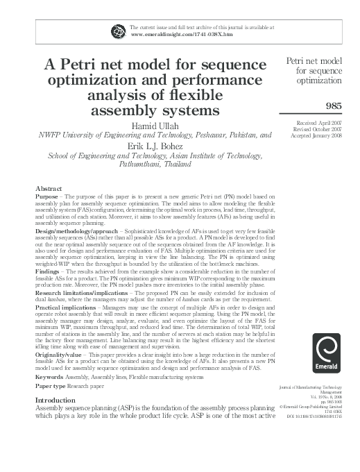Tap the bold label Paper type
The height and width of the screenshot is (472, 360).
tap(53, 406)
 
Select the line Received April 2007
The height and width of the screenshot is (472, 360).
tap(322, 121)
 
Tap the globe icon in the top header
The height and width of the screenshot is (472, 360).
tap(117, 30)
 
